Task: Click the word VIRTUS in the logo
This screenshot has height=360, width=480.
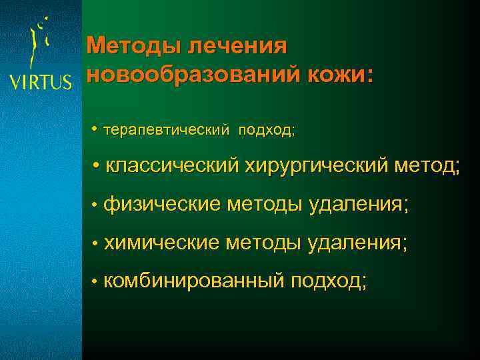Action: pyautogui.click(x=40, y=81)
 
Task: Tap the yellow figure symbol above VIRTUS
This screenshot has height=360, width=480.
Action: pyautogui.click(x=41, y=43)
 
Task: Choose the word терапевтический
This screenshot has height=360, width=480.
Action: pyautogui.click(x=165, y=129)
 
